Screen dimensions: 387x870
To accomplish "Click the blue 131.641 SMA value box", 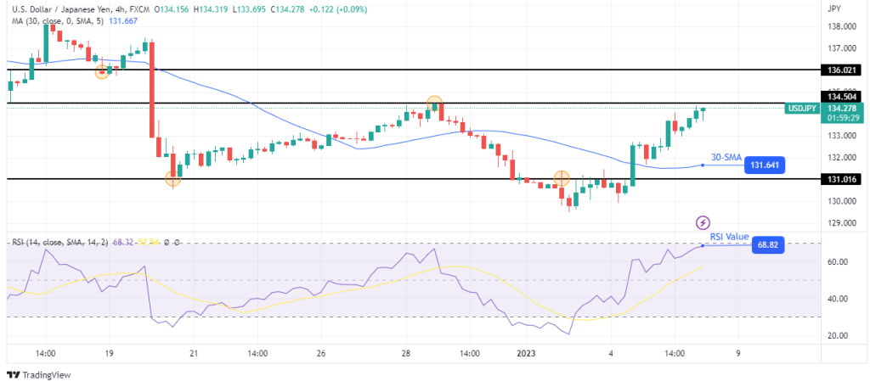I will coord(762,166).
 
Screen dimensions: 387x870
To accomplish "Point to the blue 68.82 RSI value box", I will coord(766,246).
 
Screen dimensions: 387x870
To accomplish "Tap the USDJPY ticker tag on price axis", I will coord(803,109).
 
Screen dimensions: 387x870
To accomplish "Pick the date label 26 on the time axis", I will coord(320,353).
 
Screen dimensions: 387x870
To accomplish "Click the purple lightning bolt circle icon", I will coord(703,222).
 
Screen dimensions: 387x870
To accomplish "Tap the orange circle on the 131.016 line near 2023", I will coord(561,178).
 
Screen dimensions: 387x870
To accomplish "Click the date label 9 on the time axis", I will coord(737,353).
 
